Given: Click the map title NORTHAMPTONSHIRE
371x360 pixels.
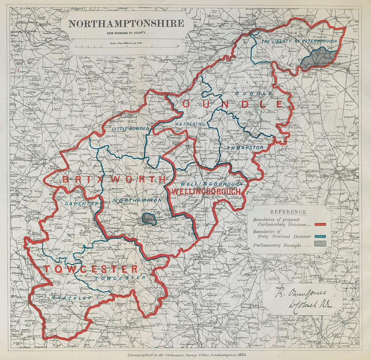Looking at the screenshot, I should tap(126, 23).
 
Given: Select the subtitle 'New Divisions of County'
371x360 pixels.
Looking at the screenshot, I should tap(126, 33).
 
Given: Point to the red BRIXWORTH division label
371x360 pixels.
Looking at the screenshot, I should tap(114, 180).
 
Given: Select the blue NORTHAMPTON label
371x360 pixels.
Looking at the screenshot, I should tap(137, 200).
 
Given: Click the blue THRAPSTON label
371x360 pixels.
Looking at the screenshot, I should tap(245, 147).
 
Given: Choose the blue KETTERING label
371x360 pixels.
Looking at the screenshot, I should tap(190, 122).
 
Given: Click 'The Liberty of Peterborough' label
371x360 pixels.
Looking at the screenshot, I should tap(299, 41).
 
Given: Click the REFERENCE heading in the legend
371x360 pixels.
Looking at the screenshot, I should tap(289, 212).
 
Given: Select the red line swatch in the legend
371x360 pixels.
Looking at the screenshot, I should tap(320, 224).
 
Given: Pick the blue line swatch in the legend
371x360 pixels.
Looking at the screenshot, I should tap(320, 236).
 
